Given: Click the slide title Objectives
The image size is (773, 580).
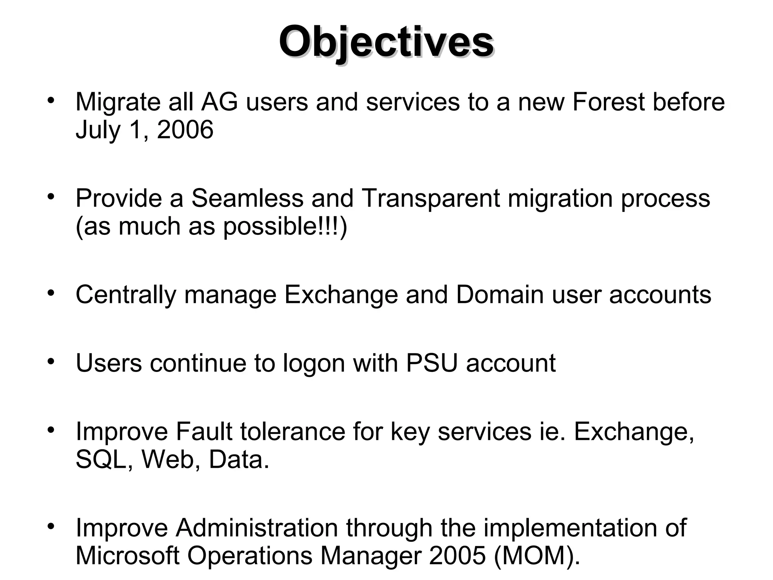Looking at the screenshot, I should tap(386, 42).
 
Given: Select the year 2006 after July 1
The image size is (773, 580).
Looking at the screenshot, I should tap(185, 130).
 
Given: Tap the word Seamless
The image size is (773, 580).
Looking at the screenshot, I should tap(247, 198).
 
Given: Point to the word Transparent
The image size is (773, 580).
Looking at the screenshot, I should tap(430, 198).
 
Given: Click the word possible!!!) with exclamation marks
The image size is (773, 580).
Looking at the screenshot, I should tap(285, 227).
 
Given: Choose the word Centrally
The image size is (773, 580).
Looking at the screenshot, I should tap(126, 295).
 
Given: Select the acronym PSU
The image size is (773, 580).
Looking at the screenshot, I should tap(432, 363).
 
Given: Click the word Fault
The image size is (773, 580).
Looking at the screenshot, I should tap(204, 432).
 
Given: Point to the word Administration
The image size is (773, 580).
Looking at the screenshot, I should tap(257, 528).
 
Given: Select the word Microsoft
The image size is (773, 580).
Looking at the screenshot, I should tap(127, 556).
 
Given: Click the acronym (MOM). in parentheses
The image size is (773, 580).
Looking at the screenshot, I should tap(537, 556).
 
